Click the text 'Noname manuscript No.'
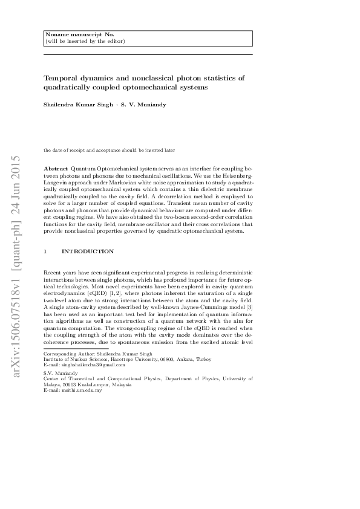click(71, 35)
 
